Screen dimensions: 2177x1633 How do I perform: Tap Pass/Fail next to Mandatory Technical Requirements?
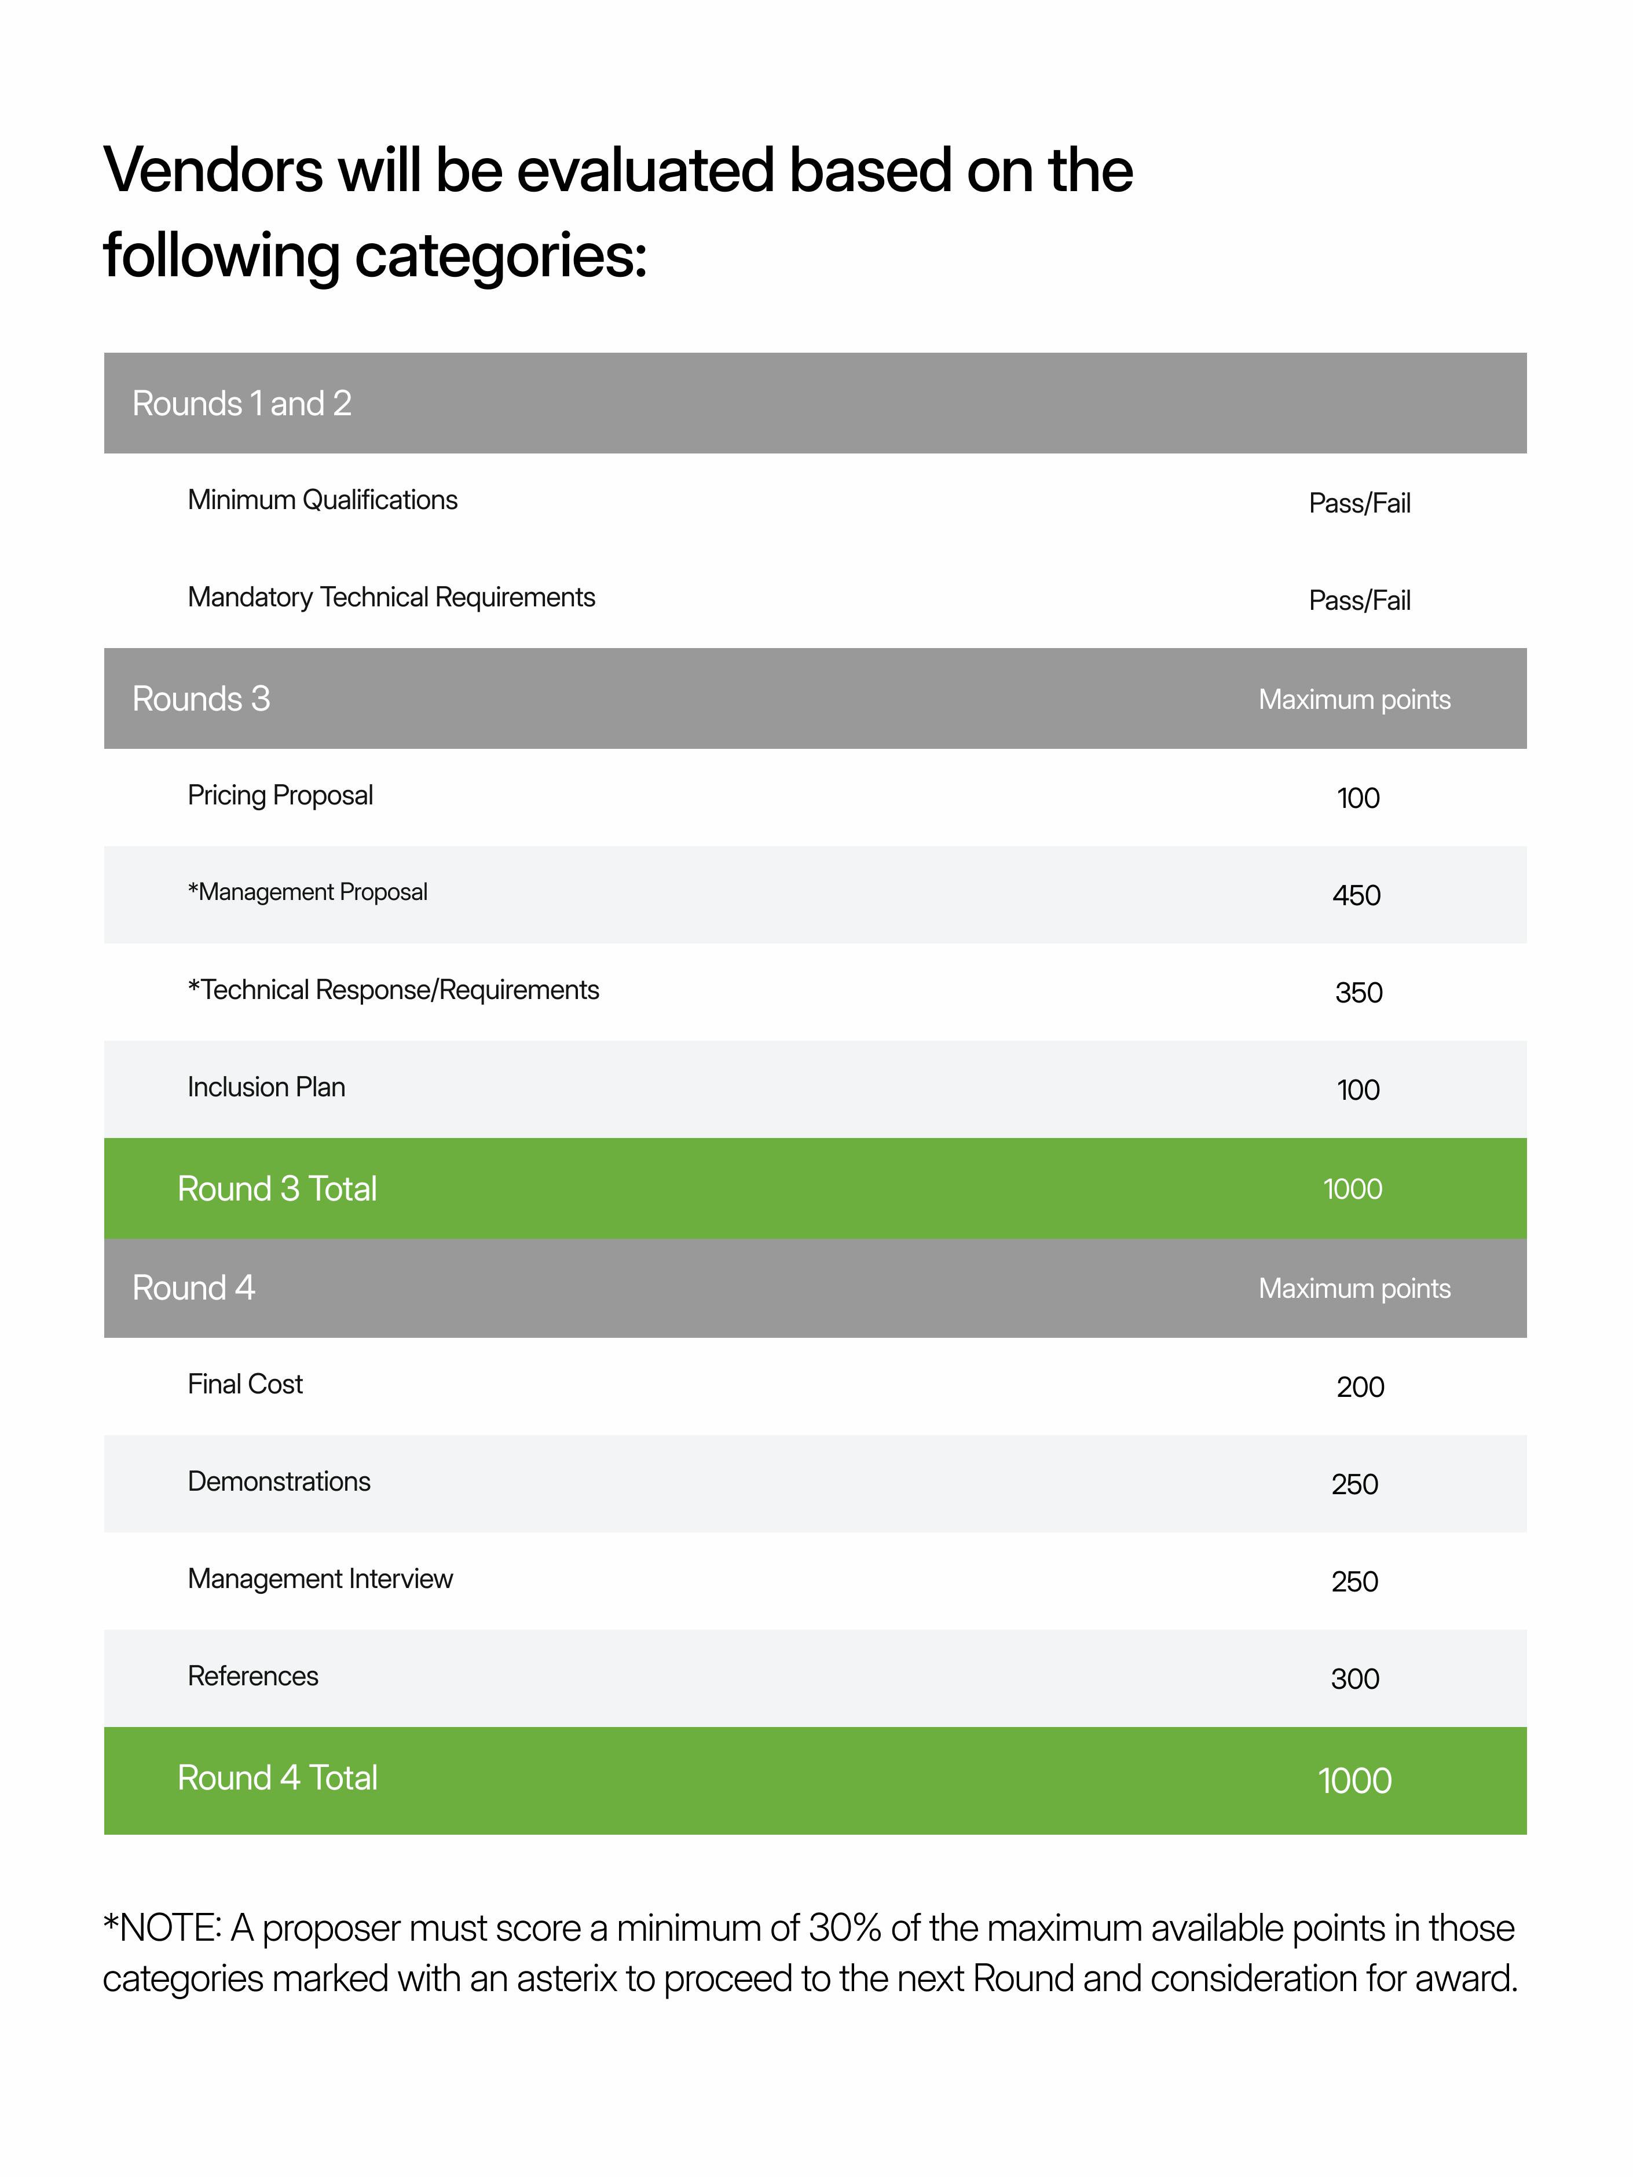point(1359,601)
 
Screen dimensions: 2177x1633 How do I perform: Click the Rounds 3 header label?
point(201,699)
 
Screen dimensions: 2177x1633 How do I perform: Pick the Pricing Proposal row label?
point(280,795)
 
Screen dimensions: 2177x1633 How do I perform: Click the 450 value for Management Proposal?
point(1356,895)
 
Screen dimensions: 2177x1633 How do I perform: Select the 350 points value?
point(1359,992)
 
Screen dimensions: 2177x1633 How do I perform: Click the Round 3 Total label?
point(277,1189)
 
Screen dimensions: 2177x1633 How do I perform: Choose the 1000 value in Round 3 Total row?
point(1353,1189)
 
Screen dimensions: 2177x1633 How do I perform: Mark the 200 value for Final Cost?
point(1359,1386)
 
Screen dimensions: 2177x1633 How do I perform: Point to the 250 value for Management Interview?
point(1354,1582)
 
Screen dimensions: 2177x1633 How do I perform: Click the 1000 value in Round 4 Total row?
point(1354,1780)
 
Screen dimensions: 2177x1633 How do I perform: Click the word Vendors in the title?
point(213,170)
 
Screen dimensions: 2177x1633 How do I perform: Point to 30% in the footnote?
point(844,1928)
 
